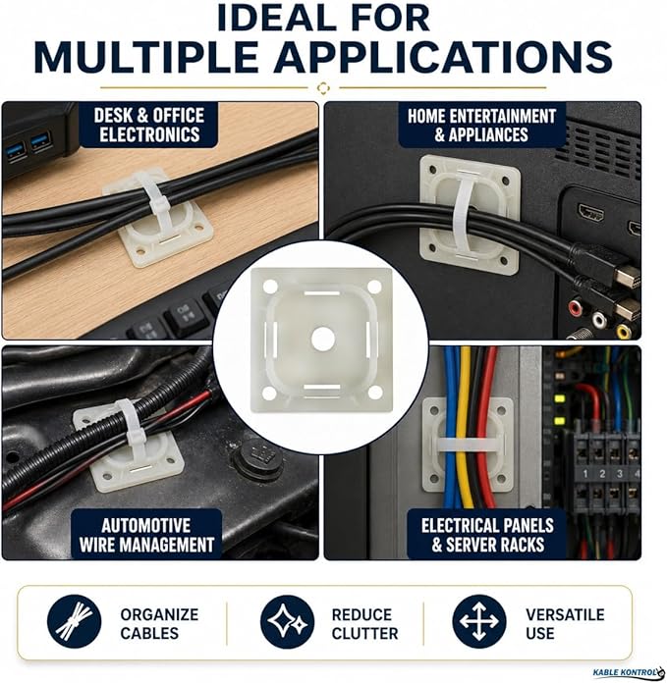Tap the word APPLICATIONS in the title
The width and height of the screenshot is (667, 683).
443,57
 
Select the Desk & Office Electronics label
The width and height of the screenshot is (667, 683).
149,125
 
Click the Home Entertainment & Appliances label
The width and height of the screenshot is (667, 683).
481,125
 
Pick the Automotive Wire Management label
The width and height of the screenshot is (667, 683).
146,535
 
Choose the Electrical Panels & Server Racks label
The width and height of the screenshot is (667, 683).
487,535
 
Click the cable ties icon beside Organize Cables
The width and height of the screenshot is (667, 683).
74,621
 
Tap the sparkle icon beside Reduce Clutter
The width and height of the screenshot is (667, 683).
287,621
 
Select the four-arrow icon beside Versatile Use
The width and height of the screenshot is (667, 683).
479,621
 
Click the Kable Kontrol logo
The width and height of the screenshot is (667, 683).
629,673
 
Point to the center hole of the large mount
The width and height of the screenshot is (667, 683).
322,340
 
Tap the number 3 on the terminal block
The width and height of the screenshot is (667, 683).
619,473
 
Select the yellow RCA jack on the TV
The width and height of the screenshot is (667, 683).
623,332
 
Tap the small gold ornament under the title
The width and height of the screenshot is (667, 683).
323,88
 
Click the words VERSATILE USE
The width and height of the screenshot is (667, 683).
565,624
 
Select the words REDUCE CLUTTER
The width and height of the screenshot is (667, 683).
364,624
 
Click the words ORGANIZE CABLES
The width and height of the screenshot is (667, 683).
159,624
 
